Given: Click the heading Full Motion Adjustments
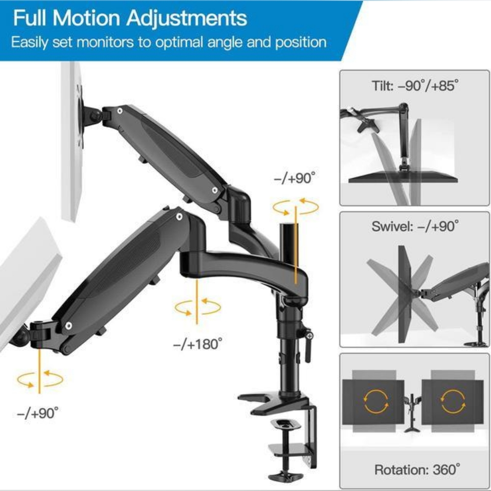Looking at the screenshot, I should [130, 18].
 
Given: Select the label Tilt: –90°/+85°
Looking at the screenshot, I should [415, 86].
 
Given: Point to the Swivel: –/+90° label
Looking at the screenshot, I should [415, 227].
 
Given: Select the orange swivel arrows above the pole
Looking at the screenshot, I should [296, 207].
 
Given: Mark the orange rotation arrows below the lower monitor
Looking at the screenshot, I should [39, 379].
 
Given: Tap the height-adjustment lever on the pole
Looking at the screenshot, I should [308, 346].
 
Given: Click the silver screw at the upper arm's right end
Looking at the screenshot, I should [215, 190].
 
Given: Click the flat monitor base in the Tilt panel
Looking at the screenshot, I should [403, 179].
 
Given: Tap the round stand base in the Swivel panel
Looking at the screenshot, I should [475, 344].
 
